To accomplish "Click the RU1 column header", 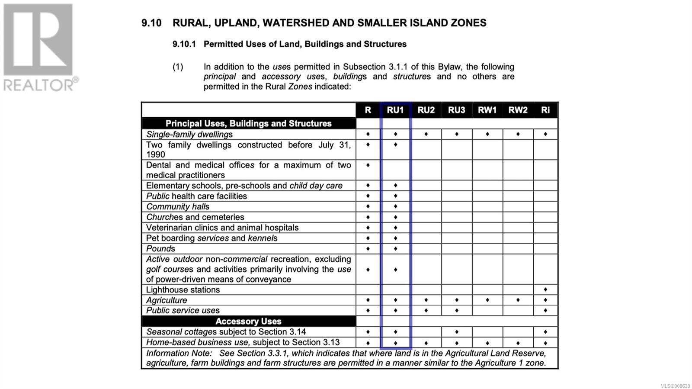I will [x=395, y=110].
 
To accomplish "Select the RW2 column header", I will [x=518, y=110].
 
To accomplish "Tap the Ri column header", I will [x=545, y=110].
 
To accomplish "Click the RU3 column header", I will [x=456, y=110].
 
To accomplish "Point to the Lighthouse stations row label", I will [x=183, y=290].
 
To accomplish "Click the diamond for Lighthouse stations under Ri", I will [x=545, y=289].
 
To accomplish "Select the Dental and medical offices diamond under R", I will [x=368, y=165].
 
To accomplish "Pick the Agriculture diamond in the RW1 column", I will [x=487, y=300].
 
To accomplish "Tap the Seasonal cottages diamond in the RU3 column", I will [x=457, y=332].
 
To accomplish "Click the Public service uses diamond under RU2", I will [x=426, y=311].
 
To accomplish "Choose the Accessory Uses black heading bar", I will [x=248, y=321].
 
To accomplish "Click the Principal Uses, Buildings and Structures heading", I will [x=248, y=124].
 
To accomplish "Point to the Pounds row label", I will [x=160, y=249].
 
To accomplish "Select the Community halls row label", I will [x=177, y=207].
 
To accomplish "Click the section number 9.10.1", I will [x=184, y=44].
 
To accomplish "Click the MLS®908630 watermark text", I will [x=675, y=386].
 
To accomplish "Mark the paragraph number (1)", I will [x=178, y=67].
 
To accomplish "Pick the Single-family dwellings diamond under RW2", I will [x=518, y=134].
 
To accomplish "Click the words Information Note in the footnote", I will [x=179, y=354].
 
